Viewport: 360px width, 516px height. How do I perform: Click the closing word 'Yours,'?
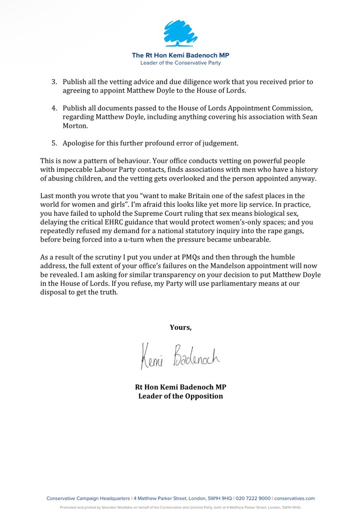pyautogui.click(x=180, y=327)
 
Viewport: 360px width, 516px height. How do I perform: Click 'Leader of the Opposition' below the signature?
pyautogui.click(x=180, y=396)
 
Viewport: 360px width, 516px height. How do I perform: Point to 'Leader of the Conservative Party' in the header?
pyautogui.click(x=180, y=63)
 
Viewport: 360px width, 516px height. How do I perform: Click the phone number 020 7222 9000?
pyautogui.click(x=253, y=498)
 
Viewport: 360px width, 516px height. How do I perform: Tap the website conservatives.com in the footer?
pyautogui.click(x=294, y=498)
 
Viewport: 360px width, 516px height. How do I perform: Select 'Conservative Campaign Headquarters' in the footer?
pyautogui.click(x=88, y=498)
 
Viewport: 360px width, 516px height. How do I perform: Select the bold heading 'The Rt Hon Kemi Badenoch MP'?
pyautogui.click(x=180, y=55)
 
